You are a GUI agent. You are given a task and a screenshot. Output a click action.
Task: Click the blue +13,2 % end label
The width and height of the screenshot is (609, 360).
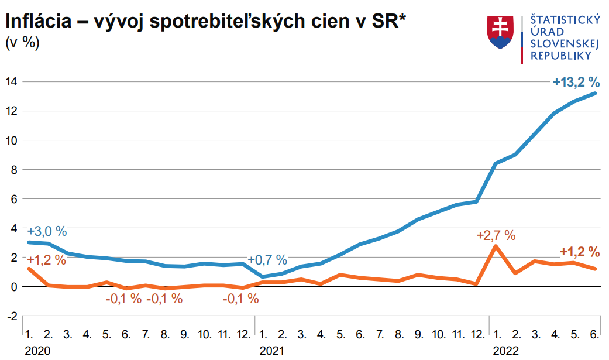click(576, 82)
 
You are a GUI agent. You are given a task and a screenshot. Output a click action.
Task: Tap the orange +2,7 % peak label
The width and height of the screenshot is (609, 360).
click(496, 236)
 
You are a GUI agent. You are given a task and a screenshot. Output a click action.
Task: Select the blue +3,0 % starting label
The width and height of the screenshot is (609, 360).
click(47, 231)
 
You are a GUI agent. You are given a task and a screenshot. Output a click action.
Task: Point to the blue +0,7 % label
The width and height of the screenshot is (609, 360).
click(267, 260)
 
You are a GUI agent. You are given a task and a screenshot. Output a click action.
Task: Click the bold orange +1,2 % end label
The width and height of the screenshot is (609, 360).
click(579, 252)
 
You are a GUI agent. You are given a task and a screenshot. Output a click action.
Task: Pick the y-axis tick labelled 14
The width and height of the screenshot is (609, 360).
click(11, 81)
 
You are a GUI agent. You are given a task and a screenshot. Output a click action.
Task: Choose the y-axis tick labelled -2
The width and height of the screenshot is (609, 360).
click(11, 316)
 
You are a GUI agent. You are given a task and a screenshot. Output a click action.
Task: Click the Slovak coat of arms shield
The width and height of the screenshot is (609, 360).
click(500, 32)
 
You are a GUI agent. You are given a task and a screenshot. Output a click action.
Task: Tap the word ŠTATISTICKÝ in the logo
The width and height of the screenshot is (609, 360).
click(565, 20)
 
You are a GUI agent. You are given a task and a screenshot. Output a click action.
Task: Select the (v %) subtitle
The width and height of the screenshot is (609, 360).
click(22, 43)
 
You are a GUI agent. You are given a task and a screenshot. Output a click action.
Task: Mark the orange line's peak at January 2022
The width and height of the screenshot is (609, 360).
click(496, 246)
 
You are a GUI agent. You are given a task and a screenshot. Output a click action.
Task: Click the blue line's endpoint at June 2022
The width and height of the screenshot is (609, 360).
click(595, 93)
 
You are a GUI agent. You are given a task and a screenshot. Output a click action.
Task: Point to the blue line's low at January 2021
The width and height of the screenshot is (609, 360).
click(263, 276)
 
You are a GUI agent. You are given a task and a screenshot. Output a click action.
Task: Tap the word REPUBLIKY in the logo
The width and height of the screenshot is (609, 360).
click(560, 56)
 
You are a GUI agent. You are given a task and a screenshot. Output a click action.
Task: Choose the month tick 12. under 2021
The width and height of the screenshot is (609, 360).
click(478, 335)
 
